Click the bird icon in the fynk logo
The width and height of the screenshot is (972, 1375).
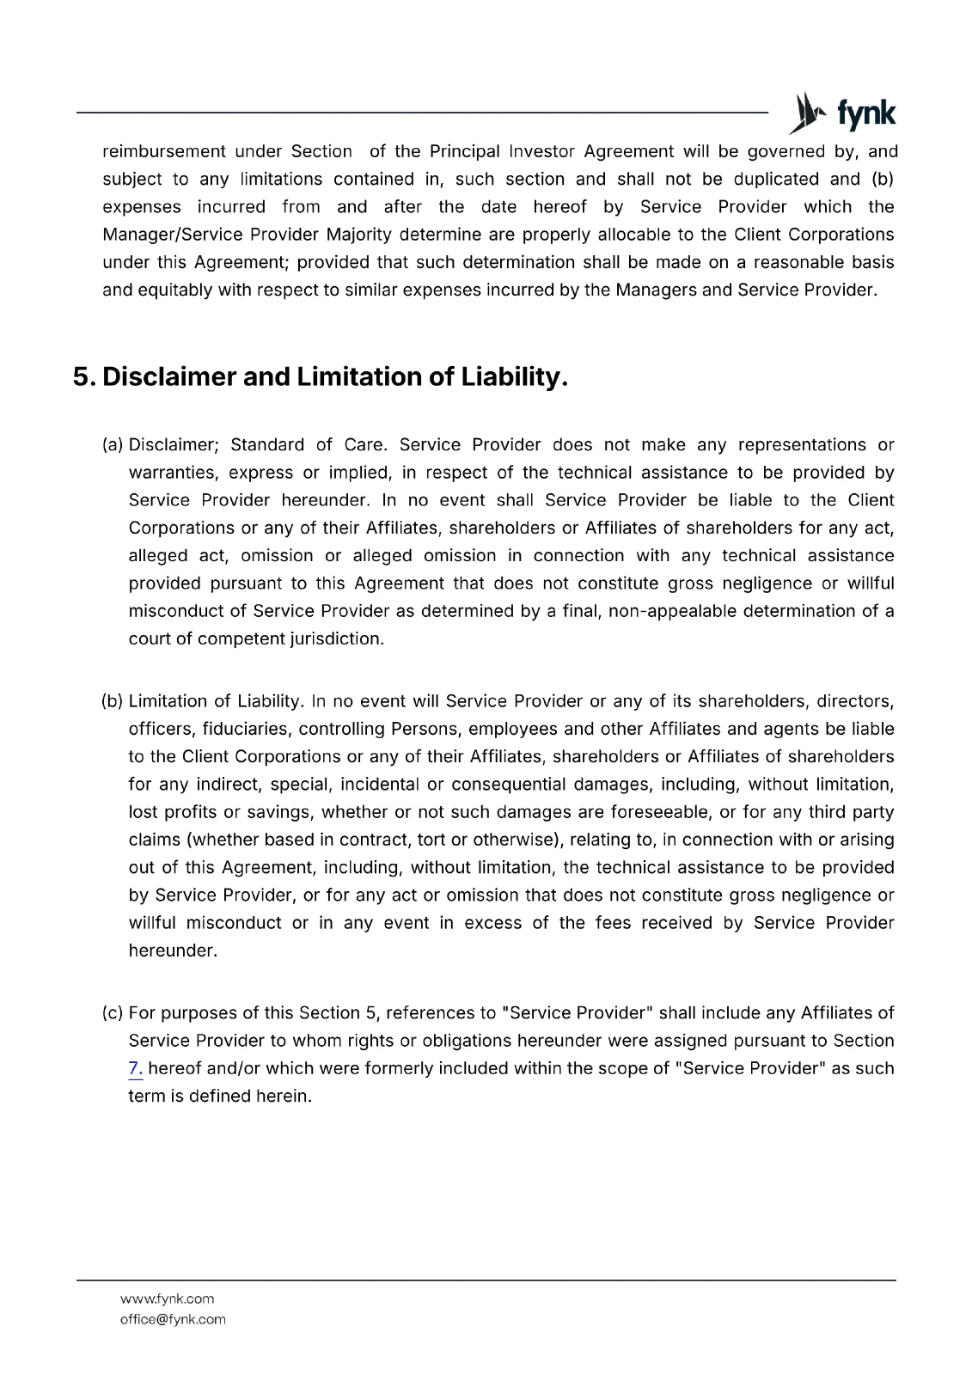click(x=806, y=113)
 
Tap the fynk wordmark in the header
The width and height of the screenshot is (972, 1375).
click(x=865, y=113)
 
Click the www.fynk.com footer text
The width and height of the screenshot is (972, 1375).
click(x=167, y=1299)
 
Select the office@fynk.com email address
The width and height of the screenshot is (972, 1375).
click(x=173, y=1319)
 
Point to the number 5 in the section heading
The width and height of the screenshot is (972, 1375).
click(x=82, y=376)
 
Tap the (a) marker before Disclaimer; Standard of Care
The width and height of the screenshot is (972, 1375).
click(x=113, y=445)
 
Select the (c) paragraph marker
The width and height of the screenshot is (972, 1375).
click(x=113, y=1013)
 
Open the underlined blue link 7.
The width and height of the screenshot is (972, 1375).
click(x=135, y=1069)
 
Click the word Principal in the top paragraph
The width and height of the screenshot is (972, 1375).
click(x=464, y=152)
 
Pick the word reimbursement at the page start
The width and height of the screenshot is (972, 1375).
click(x=163, y=152)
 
